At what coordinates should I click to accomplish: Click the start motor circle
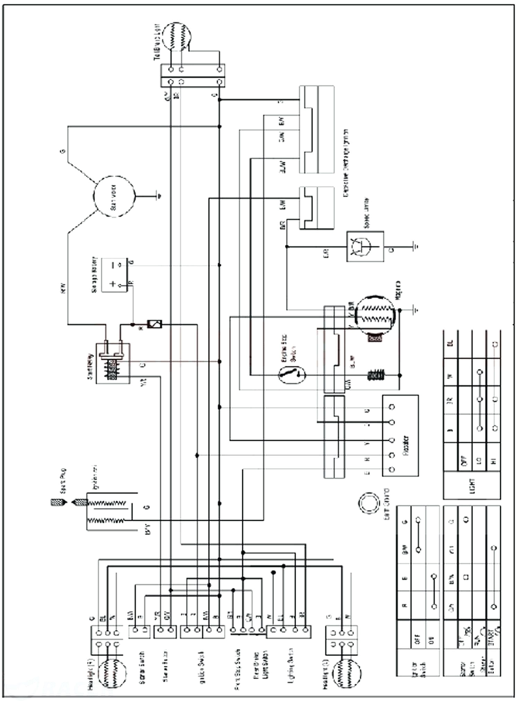coord(114,197)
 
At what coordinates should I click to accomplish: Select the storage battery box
coord(114,275)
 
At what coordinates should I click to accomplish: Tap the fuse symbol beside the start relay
coord(155,324)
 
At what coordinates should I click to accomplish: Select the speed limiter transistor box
coord(365,246)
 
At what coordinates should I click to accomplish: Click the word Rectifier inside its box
coord(406,445)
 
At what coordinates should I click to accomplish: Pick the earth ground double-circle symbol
coord(369,503)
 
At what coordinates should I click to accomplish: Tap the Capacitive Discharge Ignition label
coord(346,163)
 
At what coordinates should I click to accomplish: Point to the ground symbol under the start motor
coord(159,197)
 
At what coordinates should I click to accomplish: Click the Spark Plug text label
coord(63,481)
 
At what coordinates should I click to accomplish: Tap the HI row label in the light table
coord(494,461)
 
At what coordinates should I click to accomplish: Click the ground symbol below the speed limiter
coord(415,246)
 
